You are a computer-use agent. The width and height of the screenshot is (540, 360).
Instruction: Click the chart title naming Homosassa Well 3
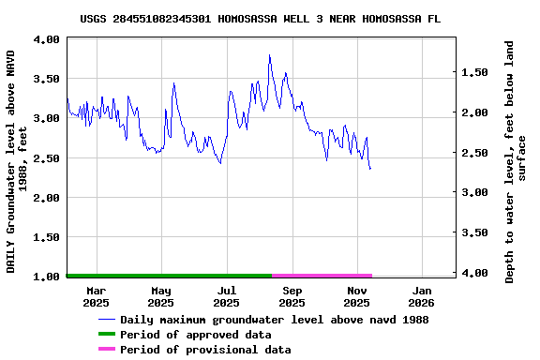point(261,18)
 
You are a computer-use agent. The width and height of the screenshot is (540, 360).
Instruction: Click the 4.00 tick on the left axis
point(48,39)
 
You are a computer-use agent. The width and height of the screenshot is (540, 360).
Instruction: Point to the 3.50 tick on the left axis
point(48,79)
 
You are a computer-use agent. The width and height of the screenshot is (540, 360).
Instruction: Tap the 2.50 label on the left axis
point(48,158)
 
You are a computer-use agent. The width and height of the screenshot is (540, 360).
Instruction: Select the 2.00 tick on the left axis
point(48,198)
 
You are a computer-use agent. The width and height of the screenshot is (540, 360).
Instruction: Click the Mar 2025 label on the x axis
point(96,296)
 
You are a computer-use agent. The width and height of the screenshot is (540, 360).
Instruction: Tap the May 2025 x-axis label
point(161,296)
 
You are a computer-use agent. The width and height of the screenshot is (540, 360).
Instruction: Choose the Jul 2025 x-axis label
point(226,296)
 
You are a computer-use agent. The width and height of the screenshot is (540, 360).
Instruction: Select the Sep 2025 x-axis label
point(292,296)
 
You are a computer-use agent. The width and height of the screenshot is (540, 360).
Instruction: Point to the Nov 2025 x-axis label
point(356,296)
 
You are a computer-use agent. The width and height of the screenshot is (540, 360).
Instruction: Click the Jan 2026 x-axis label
point(422,296)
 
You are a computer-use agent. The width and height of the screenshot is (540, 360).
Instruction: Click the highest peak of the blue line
point(269,55)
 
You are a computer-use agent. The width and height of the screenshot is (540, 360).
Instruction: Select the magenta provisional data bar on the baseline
point(322,276)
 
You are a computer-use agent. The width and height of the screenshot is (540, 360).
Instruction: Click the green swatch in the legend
point(106,335)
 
